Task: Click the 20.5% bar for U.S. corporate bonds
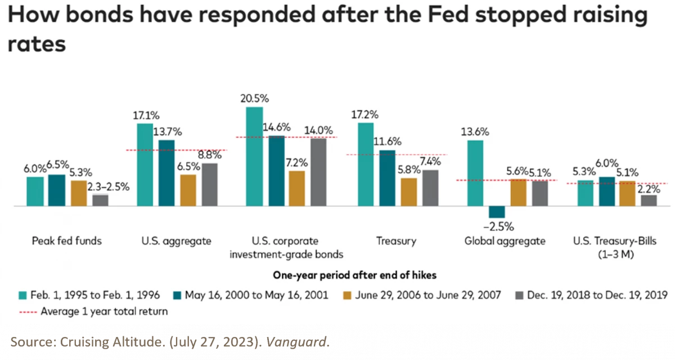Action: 255,156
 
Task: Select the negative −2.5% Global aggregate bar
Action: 497,212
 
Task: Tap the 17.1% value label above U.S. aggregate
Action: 145,115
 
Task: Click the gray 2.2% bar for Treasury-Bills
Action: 649,201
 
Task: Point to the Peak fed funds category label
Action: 67,241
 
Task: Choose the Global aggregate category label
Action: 505,241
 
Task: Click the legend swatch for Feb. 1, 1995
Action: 22,295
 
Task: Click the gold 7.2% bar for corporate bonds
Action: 297,188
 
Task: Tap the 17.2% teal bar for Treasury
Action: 366,165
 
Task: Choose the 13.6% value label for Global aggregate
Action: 475,132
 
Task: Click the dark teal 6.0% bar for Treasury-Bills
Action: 607,191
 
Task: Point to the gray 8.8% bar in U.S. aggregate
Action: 210,184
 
